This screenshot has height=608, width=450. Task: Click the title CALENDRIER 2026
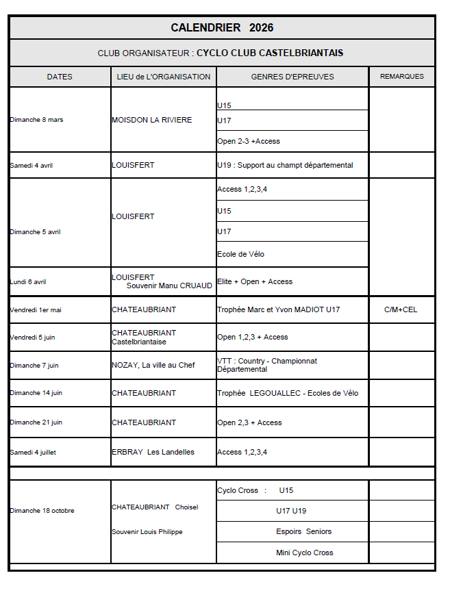pyautogui.click(x=222, y=28)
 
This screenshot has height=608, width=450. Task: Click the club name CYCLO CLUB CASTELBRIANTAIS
pyautogui.click(x=270, y=53)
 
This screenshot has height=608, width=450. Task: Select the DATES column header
pyautogui.click(x=60, y=77)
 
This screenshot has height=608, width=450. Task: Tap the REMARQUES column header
pyautogui.click(x=401, y=77)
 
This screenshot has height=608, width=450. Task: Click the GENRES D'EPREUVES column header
pyautogui.click(x=292, y=77)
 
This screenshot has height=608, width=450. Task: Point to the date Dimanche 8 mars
pyautogui.click(x=37, y=120)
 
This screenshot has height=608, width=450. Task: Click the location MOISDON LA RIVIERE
pyautogui.click(x=152, y=120)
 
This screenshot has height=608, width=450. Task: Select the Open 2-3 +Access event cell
pyautogui.click(x=249, y=141)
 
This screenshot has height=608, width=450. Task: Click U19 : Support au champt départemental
pyautogui.click(x=285, y=165)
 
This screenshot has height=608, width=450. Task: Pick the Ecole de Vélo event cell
pyautogui.click(x=240, y=254)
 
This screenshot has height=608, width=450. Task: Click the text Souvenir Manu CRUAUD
pyautogui.click(x=169, y=286)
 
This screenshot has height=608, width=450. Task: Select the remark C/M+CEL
pyautogui.click(x=401, y=309)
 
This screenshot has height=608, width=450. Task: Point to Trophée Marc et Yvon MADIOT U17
pyautogui.click(x=278, y=309)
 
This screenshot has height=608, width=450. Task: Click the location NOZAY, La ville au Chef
pyautogui.click(x=153, y=365)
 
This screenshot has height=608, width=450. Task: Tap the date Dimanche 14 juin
pyautogui.click(x=36, y=393)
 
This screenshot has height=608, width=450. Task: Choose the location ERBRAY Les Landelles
pyautogui.click(x=153, y=452)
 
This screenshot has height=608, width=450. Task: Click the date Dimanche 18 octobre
pyautogui.click(x=42, y=511)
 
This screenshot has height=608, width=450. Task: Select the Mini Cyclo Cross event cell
pyautogui.click(x=305, y=553)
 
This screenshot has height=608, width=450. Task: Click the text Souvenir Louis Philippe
pyautogui.click(x=147, y=532)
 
